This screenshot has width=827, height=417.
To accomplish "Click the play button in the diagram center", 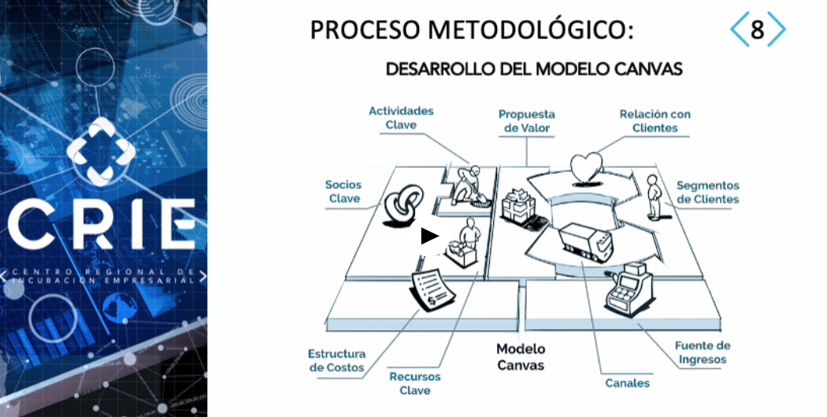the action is click(x=430, y=236).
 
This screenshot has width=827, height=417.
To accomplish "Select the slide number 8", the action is click(x=758, y=29).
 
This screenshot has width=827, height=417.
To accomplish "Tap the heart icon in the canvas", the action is click(x=587, y=168).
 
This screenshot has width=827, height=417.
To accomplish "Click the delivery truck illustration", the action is click(x=585, y=242).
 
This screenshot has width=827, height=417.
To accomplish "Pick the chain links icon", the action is click(x=403, y=205).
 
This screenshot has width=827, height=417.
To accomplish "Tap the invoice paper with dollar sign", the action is click(x=432, y=290).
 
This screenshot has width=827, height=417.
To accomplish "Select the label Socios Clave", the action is click(x=343, y=192).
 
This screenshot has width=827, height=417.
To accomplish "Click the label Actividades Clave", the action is click(x=401, y=117).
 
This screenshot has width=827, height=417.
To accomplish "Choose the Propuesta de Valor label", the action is click(x=526, y=121).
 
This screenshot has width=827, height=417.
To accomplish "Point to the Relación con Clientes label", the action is click(x=655, y=121).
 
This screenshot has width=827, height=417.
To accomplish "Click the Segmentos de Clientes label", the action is click(x=708, y=192).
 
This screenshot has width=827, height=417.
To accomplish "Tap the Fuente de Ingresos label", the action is click(x=703, y=352).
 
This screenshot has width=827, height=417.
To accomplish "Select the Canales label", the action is click(x=627, y=383).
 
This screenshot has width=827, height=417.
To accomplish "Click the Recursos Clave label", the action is click(x=415, y=384).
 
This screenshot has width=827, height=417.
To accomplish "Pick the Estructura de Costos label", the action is click(x=336, y=360).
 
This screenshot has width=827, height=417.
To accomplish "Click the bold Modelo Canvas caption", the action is click(x=521, y=357).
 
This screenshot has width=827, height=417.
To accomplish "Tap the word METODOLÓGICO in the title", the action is click(x=531, y=29).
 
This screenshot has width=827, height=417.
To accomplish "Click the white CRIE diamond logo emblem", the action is click(x=101, y=151).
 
